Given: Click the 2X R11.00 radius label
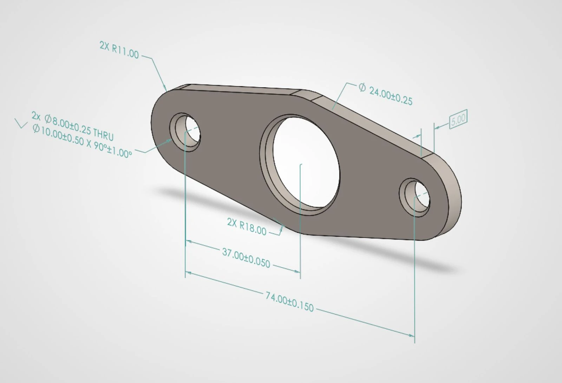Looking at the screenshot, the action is [119, 50].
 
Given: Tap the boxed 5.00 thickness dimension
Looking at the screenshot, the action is [458, 119].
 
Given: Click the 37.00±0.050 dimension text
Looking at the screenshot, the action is [246, 258].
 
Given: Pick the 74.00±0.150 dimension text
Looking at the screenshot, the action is [289, 302].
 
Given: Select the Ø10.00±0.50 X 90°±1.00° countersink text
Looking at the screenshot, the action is [82, 141].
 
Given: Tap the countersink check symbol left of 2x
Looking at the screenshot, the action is [21, 123].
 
